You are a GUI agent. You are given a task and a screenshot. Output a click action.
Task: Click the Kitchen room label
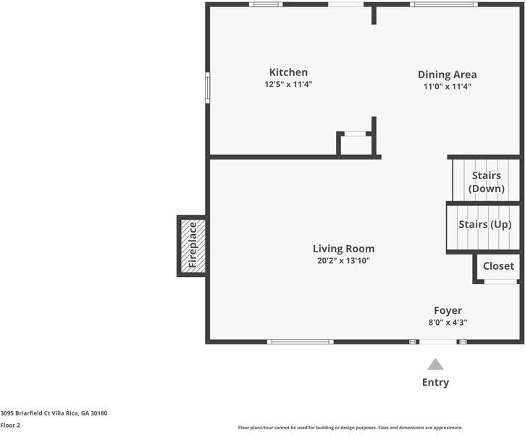(288, 72)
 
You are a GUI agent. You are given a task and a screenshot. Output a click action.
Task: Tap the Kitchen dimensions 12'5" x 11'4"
(288, 85)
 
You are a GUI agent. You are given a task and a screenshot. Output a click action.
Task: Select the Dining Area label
(447, 75)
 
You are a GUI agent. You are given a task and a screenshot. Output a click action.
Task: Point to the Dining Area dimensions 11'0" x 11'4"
(447, 87)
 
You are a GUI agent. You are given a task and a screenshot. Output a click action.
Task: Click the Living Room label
(343, 249)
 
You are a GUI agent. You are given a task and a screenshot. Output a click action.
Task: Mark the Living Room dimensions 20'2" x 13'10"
(343, 260)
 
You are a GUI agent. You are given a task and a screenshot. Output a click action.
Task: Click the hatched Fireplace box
(192, 246)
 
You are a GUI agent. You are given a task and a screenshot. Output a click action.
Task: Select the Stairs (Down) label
(486, 182)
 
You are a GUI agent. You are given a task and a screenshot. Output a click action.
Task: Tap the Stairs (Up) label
(484, 225)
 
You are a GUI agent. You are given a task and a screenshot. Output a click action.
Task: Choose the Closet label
(498, 266)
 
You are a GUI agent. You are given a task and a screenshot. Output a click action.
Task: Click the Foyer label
(448, 310)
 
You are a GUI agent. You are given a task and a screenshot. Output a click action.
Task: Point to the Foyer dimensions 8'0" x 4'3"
(448, 323)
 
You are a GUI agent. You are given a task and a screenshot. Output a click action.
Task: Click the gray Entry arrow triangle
(434, 364)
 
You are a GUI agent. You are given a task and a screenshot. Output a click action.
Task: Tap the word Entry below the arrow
(435, 382)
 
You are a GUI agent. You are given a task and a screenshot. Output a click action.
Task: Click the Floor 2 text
(10, 426)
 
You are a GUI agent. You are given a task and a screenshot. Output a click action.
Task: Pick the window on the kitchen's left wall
(207, 88)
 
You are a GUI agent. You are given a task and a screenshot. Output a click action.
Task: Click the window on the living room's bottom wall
(301, 341)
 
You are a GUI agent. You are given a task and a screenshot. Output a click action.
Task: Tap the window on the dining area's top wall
(443, 4)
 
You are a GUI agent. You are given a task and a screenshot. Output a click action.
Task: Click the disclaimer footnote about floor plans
(350, 428)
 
